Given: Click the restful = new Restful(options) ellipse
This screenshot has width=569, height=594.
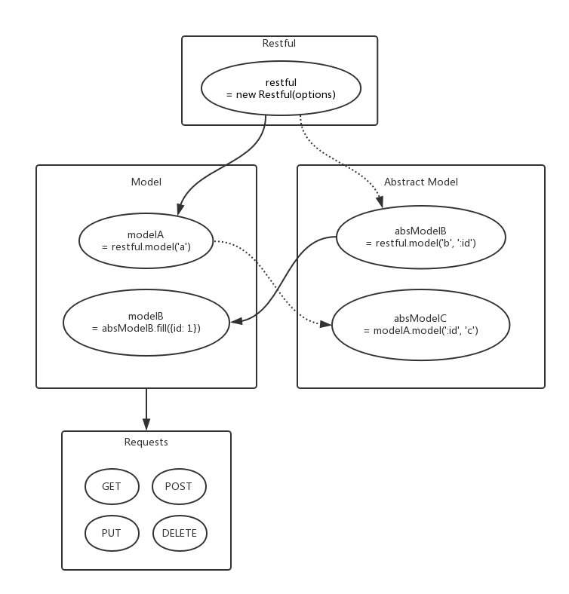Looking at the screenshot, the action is coord(281,89).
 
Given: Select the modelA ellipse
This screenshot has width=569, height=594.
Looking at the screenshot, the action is coord(146,240).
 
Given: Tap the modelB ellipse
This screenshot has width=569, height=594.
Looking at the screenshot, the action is coord(146,322).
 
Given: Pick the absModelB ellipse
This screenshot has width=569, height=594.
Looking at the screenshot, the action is coord(420,237).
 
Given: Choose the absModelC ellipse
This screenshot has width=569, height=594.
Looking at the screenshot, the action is coord(420,325).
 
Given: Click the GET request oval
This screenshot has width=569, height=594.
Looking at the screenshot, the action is coord(112,486).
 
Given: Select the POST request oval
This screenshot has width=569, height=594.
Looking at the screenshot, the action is coord(178,486).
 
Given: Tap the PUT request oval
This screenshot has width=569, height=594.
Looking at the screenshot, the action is coord(112,533).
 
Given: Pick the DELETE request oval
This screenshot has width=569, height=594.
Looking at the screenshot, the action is coord(179,533).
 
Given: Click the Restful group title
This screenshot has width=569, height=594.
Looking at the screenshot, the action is coord(279,44).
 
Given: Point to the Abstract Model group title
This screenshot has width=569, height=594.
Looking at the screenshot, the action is coord(420,182).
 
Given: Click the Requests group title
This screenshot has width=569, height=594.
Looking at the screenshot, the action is coord(146,442).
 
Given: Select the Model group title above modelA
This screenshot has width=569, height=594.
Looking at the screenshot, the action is coord(146,182).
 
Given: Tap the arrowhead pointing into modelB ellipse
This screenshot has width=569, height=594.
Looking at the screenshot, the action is coord(235,321).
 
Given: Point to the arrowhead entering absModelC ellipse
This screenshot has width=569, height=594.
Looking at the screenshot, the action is coord(326,324).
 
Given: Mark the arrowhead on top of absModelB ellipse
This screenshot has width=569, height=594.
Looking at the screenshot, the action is coord(380,203).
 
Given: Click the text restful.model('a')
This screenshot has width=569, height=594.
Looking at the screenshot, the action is coord(146,246).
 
